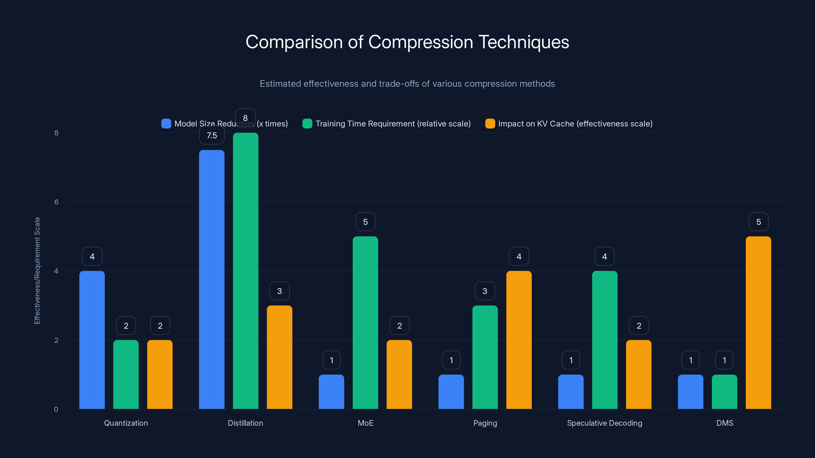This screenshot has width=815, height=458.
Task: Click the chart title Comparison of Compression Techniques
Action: pos(407,42)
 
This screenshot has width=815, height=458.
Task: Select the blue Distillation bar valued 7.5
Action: pos(212,279)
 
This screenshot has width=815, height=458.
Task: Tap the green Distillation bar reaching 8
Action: pos(246,271)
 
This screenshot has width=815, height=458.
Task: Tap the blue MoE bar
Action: pos(331,392)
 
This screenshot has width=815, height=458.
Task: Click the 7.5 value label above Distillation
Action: pos(212,136)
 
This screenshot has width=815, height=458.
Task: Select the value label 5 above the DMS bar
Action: pos(758,222)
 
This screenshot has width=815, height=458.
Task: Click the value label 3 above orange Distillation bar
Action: pos(279,291)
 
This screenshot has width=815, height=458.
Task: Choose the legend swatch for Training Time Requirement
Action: pos(307,124)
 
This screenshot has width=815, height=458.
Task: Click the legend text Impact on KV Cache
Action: pos(575,124)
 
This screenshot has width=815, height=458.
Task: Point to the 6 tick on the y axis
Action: pos(56,202)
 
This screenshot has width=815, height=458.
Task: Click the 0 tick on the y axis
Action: pos(56,409)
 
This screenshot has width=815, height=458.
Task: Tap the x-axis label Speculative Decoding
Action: pos(604,423)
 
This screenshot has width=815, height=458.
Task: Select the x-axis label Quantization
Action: pos(126,423)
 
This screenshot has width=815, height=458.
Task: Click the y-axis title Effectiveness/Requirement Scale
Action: pos(37,270)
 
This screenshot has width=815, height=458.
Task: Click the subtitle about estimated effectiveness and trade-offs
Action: pos(407,84)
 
